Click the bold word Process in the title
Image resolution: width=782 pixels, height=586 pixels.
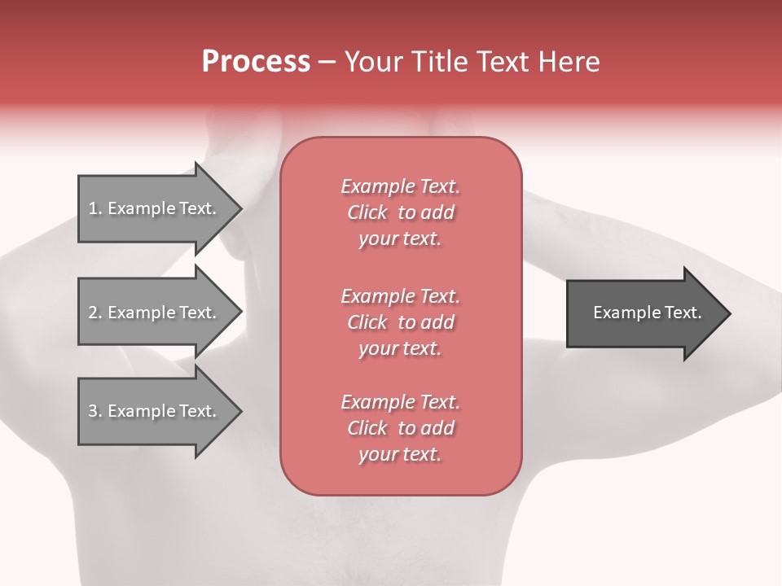(x=256, y=62)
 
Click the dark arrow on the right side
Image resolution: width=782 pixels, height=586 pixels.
(x=644, y=313)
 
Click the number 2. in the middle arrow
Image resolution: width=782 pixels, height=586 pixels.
(x=94, y=313)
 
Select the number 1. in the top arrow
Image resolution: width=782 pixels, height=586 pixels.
(x=94, y=208)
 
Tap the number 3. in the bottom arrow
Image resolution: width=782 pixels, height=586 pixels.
(x=94, y=411)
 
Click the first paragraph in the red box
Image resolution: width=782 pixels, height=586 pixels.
(x=400, y=212)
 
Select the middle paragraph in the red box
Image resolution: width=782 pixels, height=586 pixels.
(x=400, y=322)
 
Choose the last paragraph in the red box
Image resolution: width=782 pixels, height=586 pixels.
(x=400, y=428)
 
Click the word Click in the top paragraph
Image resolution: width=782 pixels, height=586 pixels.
(x=367, y=212)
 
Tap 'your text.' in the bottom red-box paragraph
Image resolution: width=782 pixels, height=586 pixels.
(x=400, y=455)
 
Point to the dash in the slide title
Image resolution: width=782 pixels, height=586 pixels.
(x=327, y=62)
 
